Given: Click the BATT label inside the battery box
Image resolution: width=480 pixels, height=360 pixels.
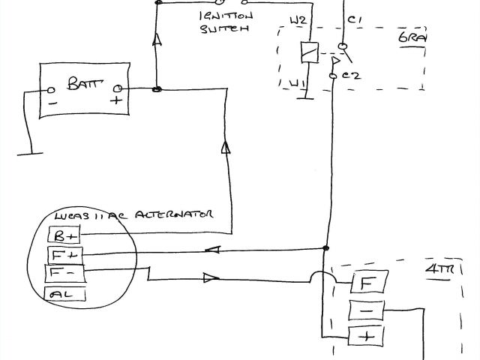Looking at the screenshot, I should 84,82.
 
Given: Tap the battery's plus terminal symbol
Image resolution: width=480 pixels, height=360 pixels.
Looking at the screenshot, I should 116,100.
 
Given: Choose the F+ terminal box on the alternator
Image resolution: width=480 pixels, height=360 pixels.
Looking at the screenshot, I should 66,256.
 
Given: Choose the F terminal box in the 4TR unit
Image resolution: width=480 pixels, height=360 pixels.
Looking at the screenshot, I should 366,283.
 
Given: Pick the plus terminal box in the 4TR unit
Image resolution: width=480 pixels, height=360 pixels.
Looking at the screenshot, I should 366,337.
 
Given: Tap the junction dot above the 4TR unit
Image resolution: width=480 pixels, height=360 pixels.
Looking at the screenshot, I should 325,249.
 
